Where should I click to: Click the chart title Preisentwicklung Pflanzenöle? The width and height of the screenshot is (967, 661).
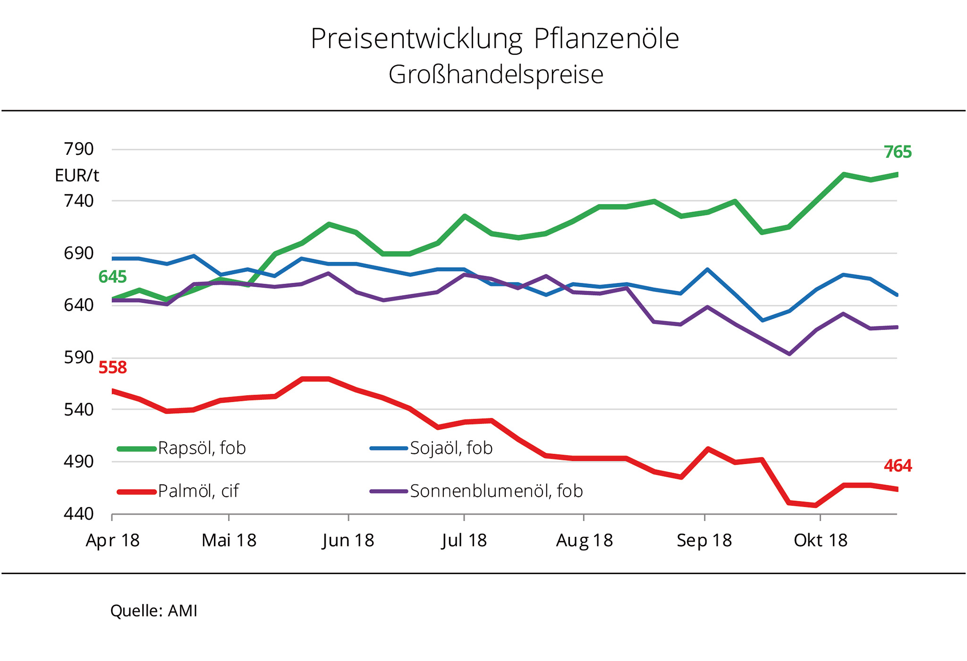[495, 39]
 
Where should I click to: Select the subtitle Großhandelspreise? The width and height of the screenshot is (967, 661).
[496, 75]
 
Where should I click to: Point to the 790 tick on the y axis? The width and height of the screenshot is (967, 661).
[79, 149]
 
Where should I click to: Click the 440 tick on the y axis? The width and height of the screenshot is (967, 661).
[79, 514]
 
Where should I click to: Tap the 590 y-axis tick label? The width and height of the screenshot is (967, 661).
[79, 357]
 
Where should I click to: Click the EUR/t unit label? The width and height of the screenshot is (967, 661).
[77, 176]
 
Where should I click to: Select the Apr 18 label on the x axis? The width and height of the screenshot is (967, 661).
[112, 540]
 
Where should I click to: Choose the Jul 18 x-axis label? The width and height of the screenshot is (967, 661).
[464, 540]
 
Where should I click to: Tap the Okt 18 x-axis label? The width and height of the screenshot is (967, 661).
[821, 540]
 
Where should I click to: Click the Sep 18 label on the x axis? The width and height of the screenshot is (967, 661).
[704, 540]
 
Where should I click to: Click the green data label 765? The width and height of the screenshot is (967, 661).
[898, 152]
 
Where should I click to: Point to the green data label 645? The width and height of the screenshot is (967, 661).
[112, 277]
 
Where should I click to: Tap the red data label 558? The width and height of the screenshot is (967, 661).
[112, 367]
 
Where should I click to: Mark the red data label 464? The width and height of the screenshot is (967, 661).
[898, 466]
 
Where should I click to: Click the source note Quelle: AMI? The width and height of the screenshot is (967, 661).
[153, 611]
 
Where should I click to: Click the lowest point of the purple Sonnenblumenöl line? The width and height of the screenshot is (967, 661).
[789, 354]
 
